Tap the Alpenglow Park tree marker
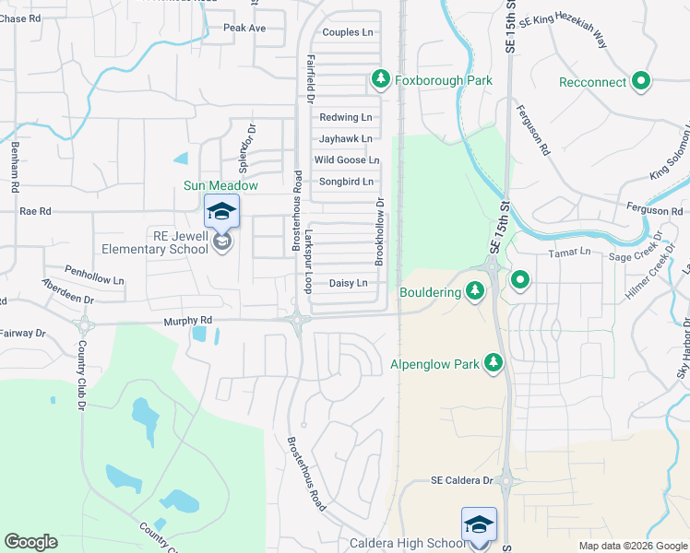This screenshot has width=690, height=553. click(495, 364)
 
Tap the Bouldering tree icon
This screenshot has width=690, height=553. click(475, 292)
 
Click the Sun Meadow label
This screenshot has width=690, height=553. click(220, 185)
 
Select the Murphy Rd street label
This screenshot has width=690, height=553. click(188, 321)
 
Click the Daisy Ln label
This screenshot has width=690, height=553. click(348, 283)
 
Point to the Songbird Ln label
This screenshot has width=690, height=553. click(346, 182)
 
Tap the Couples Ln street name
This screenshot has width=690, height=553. click(347, 32)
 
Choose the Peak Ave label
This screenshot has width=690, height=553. click(244, 29)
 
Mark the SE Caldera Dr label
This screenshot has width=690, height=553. click(463, 481)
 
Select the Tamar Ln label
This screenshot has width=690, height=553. click(568, 252)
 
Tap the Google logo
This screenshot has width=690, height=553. click(30, 542)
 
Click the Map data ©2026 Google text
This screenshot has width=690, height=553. click(632, 546)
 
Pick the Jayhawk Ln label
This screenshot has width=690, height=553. click(345, 139)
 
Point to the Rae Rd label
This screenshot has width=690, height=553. click(35, 211)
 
